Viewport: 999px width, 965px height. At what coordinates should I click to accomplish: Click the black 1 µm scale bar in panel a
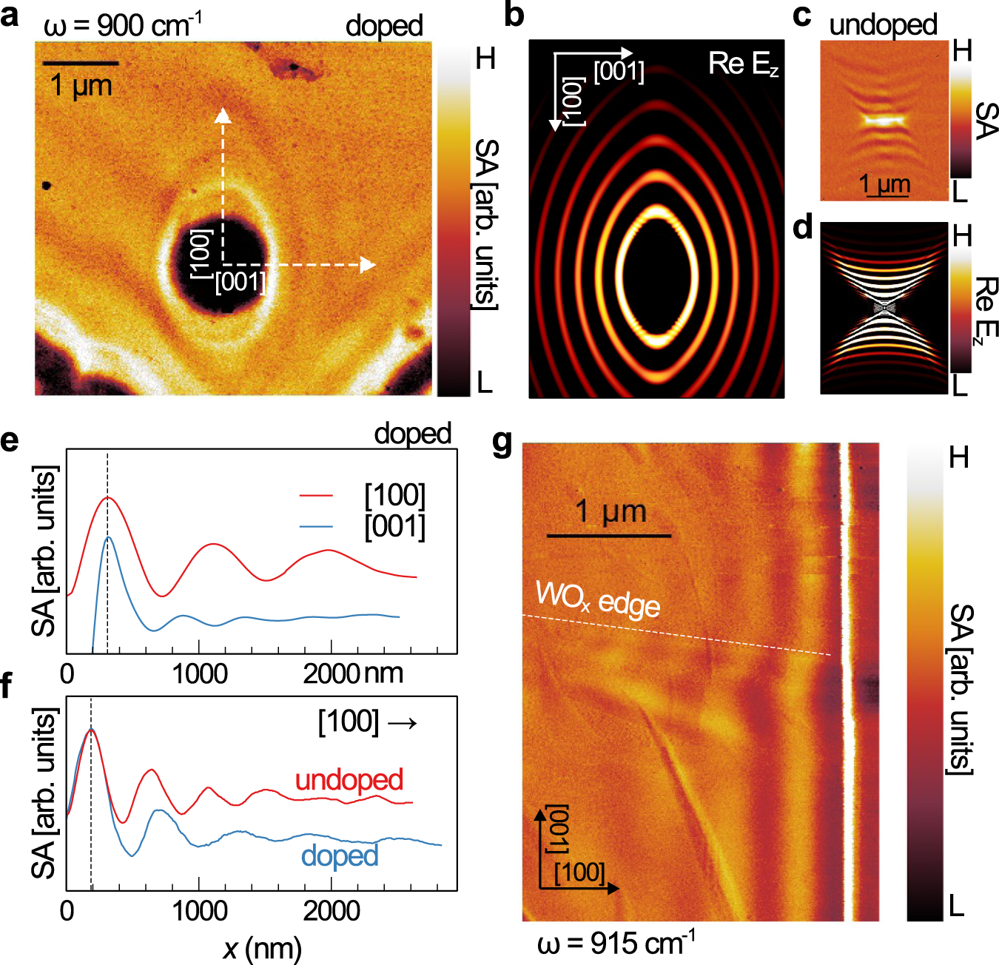[x=80, y=64]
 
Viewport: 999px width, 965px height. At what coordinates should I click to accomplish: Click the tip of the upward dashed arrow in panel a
[x=223, y=112]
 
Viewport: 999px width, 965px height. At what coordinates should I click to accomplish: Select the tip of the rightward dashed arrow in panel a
[x=371, y=264]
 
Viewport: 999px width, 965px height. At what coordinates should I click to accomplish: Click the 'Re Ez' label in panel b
[x=743, y=64]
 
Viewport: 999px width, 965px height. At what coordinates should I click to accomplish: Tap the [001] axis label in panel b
[x=619, y=73]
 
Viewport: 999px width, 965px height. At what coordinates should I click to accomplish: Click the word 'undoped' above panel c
[x=882, y=24]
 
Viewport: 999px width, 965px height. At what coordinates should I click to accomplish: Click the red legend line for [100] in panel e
[x=316, y=495]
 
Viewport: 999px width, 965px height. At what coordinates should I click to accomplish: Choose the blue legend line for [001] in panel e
[x=316, y=527]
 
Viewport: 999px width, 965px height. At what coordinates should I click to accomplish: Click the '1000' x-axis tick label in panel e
[x=199, y=674]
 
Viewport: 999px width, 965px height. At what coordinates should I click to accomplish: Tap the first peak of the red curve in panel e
[x=108, y=497]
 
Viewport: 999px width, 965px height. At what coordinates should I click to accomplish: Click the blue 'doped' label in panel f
[x=339, y=855]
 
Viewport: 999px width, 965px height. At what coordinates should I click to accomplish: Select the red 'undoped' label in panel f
[x=349, y=780]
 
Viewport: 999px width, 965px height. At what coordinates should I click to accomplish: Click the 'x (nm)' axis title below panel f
[x=262, y=948]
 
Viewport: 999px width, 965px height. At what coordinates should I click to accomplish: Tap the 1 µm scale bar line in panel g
[x=609, y=534]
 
